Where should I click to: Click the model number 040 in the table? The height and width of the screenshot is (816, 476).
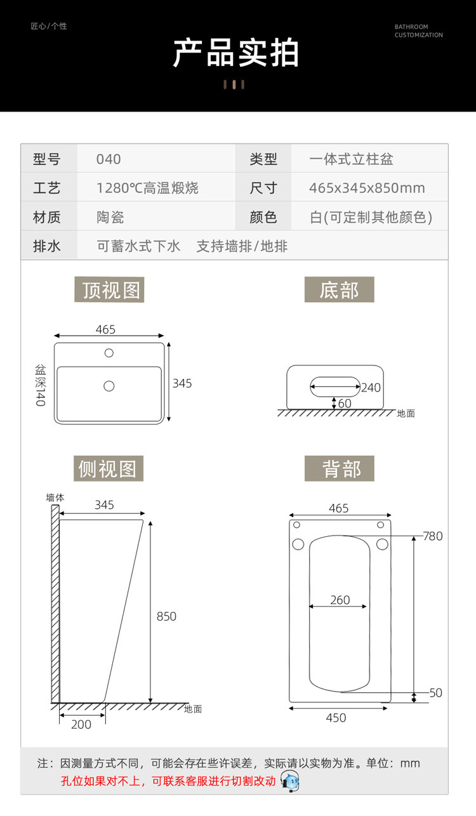(x=109, y=159)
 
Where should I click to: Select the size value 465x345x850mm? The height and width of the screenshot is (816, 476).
(x=367, y=188)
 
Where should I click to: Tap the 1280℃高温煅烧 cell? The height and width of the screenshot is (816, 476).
(x=147, y=188)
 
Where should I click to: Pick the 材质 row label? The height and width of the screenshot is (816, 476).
(x=47, y=217)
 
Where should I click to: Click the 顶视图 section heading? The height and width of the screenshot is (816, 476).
(x=110, y=290)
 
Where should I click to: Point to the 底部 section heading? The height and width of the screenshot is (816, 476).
(x=339, y=290)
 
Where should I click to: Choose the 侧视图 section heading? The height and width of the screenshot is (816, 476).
(x=107, y=469)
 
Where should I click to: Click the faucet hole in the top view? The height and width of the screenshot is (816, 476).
(x=109, y=352)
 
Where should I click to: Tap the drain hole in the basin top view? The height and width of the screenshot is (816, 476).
(x=109, y=385)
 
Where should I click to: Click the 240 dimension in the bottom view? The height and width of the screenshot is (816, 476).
(x=371, y=387)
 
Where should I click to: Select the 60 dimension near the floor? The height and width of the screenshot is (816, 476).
(x=345, y=403)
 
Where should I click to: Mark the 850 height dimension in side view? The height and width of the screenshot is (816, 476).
(x=166, y=616)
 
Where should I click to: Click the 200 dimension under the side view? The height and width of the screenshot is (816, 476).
(x=81, y=724)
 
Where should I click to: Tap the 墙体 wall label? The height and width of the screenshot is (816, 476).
(x=55, y=497)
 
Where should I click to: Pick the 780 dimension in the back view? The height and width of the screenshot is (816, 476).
(x=433, y=536)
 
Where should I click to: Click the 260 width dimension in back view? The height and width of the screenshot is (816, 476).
(x=340, y=600)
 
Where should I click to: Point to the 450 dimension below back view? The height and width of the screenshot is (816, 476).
(x=336, y=718)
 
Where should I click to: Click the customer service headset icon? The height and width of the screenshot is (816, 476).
(x=289, y=781)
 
